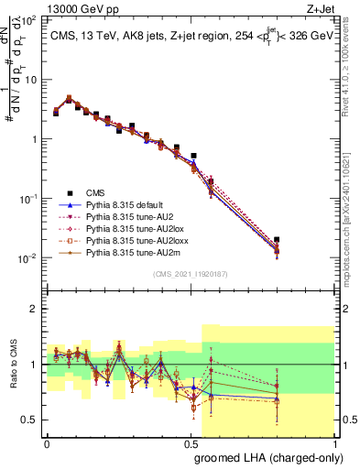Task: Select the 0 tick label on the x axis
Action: click(47, 442)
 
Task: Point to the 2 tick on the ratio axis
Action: click(33, 309)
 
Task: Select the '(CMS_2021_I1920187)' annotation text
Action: click(191, 274)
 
